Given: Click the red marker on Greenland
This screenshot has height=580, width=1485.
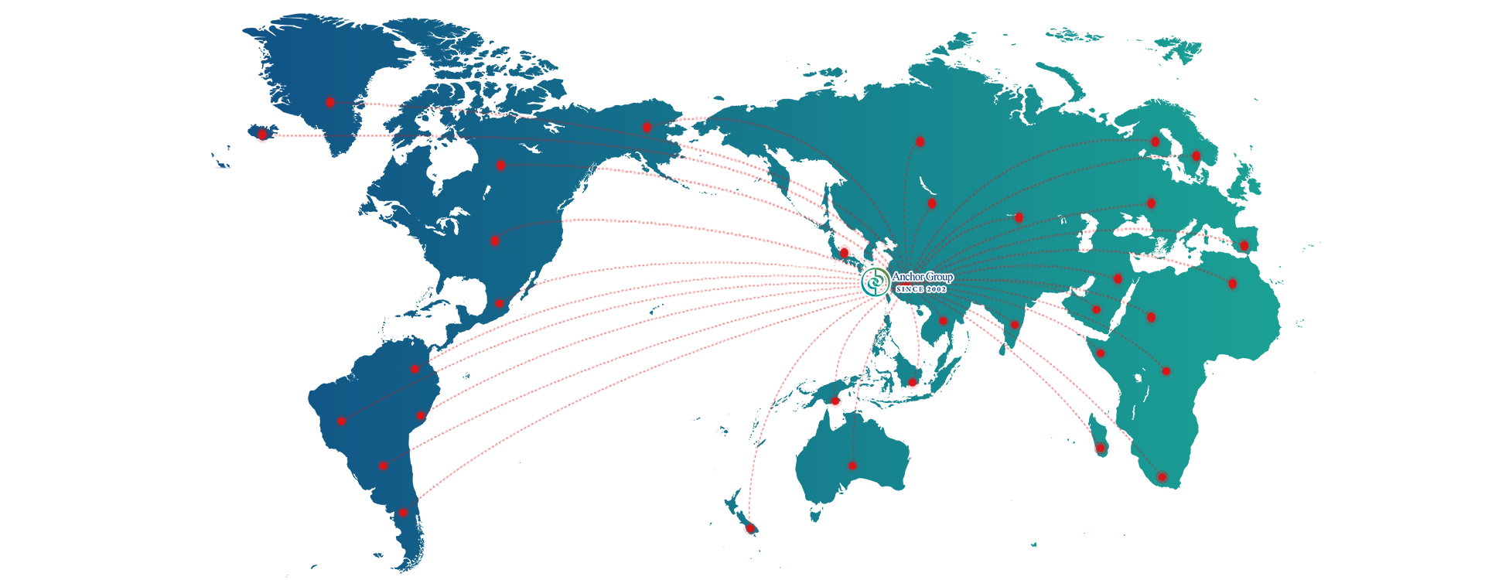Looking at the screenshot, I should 330,102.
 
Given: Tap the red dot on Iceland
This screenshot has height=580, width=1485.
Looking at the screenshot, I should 263,135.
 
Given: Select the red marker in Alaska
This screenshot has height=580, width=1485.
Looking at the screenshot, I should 647,127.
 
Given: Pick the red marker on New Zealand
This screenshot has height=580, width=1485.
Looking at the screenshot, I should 749,528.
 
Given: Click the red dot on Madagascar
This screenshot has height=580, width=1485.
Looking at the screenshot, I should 1100,448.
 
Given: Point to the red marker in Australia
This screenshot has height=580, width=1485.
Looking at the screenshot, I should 852,466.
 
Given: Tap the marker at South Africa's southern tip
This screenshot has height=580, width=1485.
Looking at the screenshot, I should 1161,477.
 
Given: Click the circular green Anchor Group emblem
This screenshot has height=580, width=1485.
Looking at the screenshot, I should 875,281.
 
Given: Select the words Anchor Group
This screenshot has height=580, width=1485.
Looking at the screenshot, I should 923,277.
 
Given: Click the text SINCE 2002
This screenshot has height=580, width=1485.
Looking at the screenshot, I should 921,289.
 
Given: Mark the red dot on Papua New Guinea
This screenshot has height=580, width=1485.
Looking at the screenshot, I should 835,401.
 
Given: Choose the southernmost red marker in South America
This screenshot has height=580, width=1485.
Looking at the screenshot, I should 403,513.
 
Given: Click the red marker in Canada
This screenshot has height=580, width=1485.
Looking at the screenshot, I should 500,165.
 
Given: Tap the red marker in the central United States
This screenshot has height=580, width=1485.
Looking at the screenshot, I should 495,241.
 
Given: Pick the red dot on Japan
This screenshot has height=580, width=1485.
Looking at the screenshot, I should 845,253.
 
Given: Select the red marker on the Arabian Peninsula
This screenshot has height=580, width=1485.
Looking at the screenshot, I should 1096,309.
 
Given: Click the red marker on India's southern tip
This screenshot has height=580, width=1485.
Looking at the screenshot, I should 1015,325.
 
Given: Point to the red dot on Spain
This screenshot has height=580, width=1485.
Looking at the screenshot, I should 1244,246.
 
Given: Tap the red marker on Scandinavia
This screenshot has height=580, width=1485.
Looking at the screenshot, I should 1156,142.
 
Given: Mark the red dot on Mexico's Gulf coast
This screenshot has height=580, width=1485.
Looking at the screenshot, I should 500,304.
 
